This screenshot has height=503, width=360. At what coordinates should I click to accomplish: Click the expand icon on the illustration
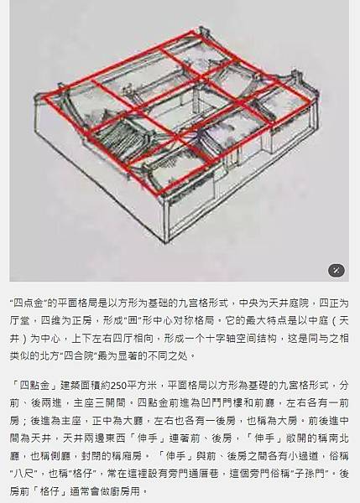pyautogui.click(x=337, y=271)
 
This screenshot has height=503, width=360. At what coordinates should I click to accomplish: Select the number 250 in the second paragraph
pyautogui.click(x=119, y=386)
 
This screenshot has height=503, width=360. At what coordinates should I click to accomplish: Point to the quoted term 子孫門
pyautogui.click(x=310, y=473)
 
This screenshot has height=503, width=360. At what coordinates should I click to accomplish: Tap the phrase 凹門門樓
pyautogui.click(x=222, y=403)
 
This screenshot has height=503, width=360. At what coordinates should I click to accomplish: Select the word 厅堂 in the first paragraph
pyautogui.click(x=19, y=321)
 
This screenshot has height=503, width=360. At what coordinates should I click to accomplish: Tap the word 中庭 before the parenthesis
pyautogui.click(x=318, y=321)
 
